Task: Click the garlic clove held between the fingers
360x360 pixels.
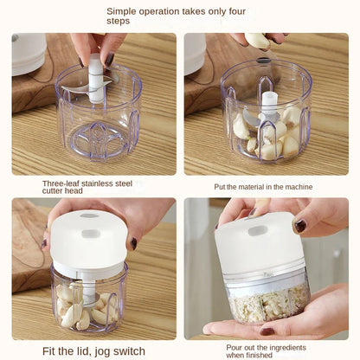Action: pyautogui.click(x=257, y=40)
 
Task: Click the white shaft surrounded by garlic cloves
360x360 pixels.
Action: pyautogui.click(x=269, y=107)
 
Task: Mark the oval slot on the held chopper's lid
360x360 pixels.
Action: pyautogui.click(x=257, y=231)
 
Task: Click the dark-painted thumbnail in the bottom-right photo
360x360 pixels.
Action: pyautogui.click(x=299, y=226)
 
